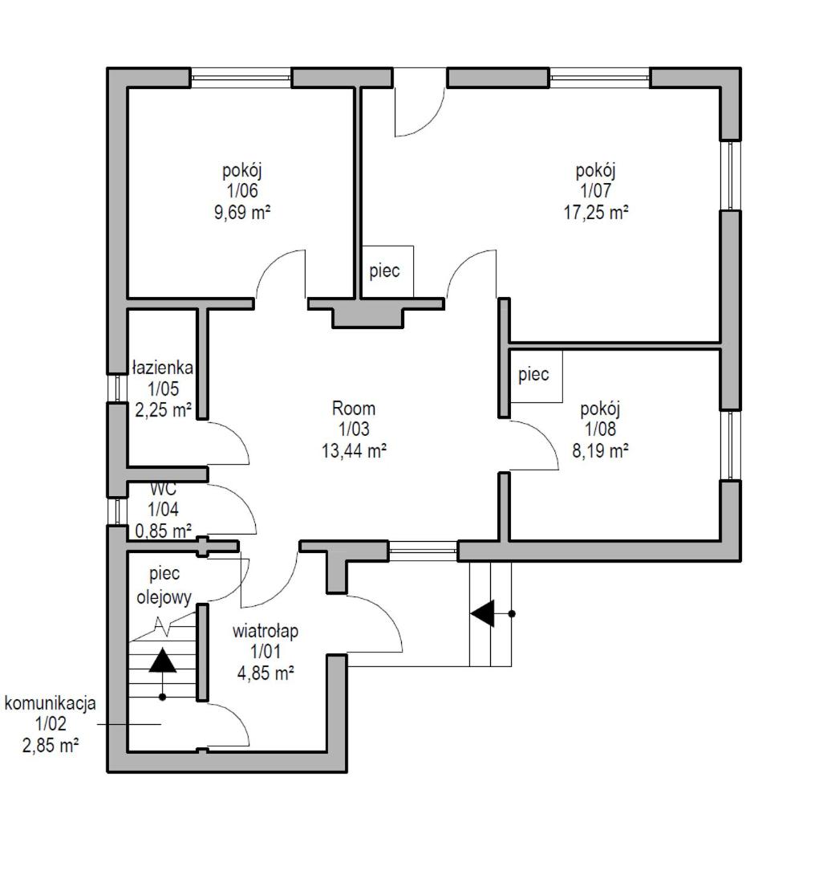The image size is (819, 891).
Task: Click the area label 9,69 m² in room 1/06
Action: pyautogui.click(x=242, y=213)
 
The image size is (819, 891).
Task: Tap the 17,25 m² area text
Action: pyautogui.click(x=596, y=213)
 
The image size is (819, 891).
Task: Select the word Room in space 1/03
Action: pyautogui.click(x=354, y=408)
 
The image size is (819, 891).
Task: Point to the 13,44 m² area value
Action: pyautogui.click(x=355, y=451)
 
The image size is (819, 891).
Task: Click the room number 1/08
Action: pyautogui.click(x=600, y=429)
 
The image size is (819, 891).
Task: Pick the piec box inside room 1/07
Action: pyautogui.click(x=387, y=271)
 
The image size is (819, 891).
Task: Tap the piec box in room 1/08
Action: pyautogui.click(x=536, y=376)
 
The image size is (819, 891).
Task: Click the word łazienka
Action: pyautogui.click(x=163, y=367)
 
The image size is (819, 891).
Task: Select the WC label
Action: pyautogui.click(x=164, y=489)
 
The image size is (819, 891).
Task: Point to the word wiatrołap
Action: pyautogui.click(x=266, y=631)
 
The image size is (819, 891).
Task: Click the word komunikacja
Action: pyautogui.click(x=50, y=703)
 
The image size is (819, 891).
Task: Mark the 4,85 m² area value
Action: pyautogui.click(x=266, y=674)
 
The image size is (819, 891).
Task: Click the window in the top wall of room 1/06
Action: pyautogui.click(x=241, y=78)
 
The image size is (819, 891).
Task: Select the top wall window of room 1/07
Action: pyautogui.click(x=600, y=78)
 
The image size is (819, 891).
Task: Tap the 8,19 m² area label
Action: pyautogui.click(x=600, y=451)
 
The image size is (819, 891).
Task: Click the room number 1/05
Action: pyautogui.click(x=164, y=389)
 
